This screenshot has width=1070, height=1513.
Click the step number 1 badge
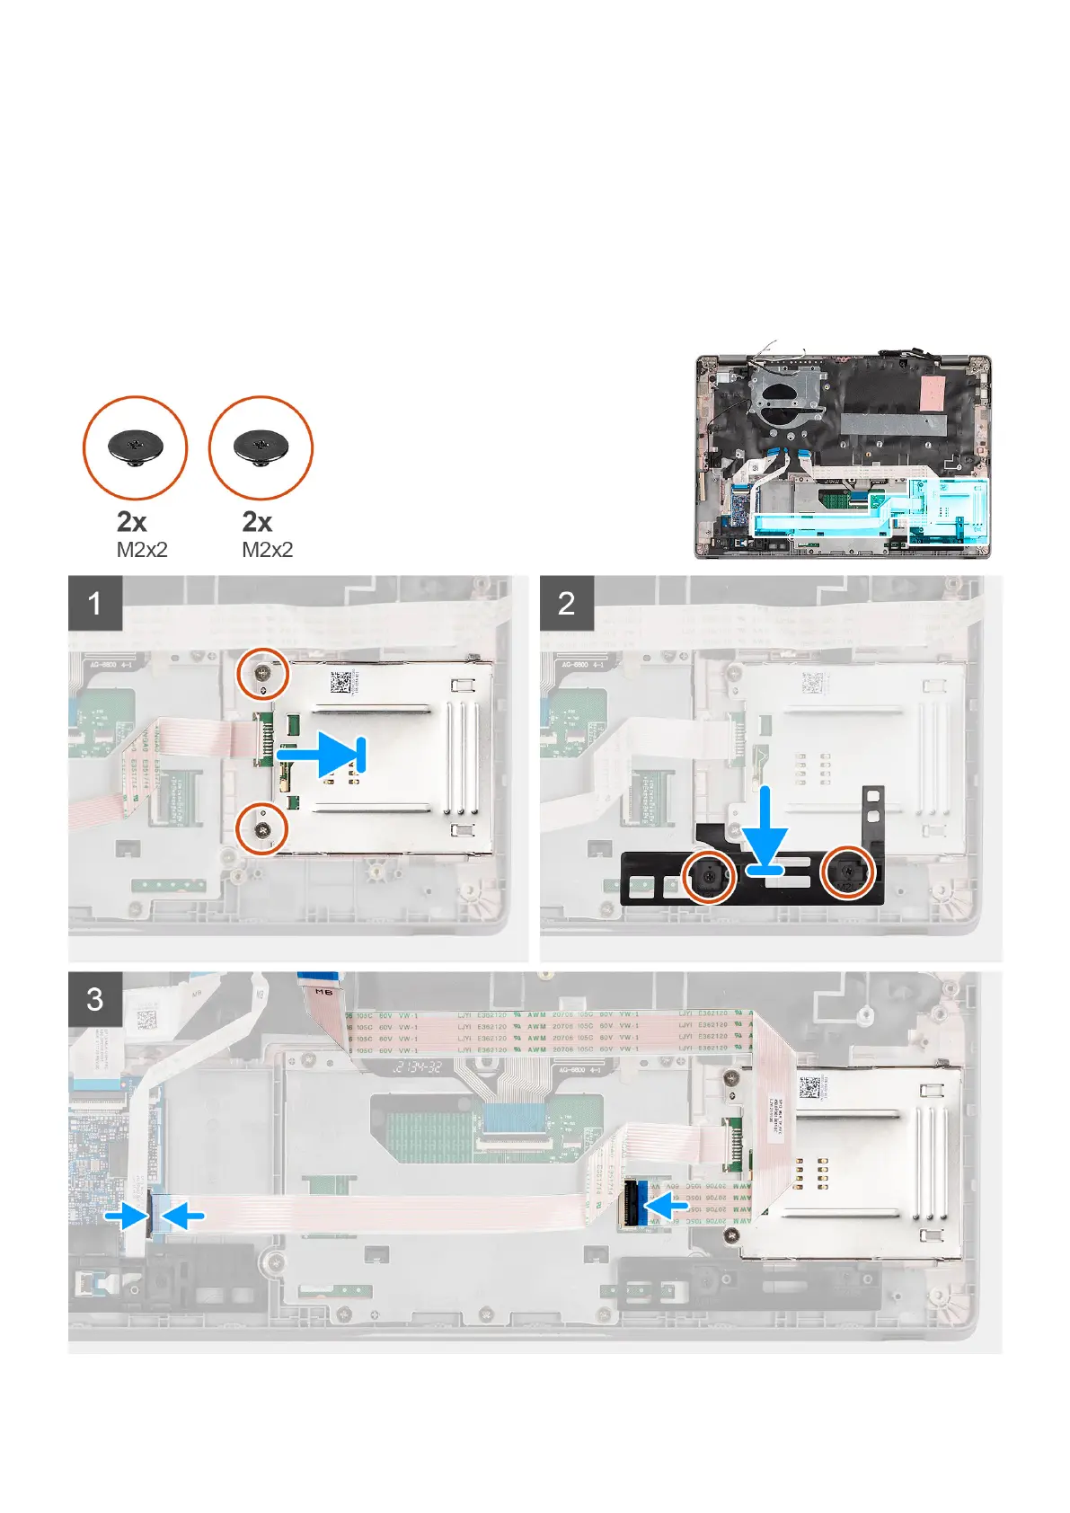click(x=95, y=603)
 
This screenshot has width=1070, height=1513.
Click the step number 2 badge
click(x=566, y=603)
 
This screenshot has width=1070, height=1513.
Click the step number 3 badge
click(x=95, y=999)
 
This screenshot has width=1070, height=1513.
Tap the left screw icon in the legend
click(x=136, y=447)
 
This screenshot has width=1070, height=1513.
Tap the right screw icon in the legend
click(x=261, y=447)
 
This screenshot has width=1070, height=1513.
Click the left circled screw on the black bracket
click(x=710, y=873)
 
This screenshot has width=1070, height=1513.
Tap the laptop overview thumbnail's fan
click(x=783, y=395)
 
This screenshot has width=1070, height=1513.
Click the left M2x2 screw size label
click(x=142, y=550)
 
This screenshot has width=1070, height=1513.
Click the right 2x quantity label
click(x=257, y=521)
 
